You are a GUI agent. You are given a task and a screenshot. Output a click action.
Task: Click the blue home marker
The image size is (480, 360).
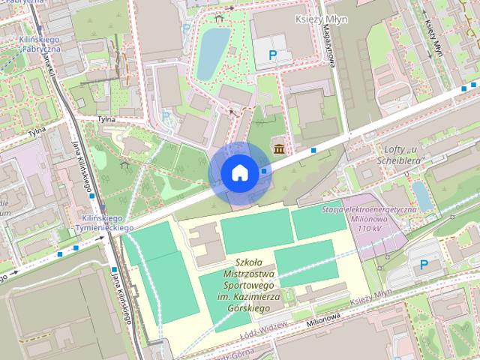pos(239,172)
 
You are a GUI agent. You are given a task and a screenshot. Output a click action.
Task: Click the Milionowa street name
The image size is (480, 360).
pos(328,320)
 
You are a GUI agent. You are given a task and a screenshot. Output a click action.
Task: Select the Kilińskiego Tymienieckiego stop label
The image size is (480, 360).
pos(106,222)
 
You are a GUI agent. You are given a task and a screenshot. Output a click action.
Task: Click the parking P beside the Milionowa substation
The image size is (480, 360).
pos(424,264)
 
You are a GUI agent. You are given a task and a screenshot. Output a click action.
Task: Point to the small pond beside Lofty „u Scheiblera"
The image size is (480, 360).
pos(421,196)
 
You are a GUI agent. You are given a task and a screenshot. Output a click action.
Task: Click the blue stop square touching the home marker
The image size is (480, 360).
pos(264,170)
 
